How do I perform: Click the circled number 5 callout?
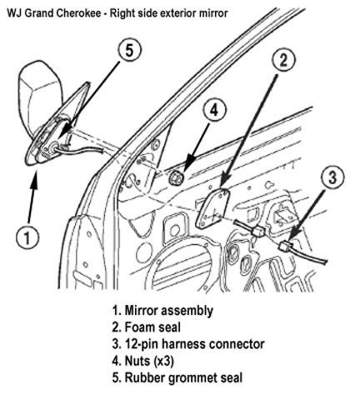pyautogui.click(x=129, y=51)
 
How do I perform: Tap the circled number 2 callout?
pyautogui.click(x=283, y=60)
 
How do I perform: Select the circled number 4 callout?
pyautogui.click(x=214, y=111)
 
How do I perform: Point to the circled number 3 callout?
pyautogui.click(x=332, y=177)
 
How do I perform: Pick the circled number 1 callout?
pyautogui.click(x=27, y=238)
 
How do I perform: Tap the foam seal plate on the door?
pyautogui.click(x=212, y=208)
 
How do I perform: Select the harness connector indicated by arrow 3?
pyautogui.click(x=286, y=246)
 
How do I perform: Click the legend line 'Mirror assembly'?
pyautogui.click(x=162, y=310)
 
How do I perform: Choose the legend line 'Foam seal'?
pyautogui.click(x=147, y=327)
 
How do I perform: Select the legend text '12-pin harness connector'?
pyautogui.click(x=188, y=344)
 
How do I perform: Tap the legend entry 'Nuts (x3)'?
pyautogui.click(x=143, y=361)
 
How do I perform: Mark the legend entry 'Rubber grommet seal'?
pyautogui.click(x=177, y=377)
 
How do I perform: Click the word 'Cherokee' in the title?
pyautogui.click(x=79, y=13)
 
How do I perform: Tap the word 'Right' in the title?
pyautogui.click(x=121, y=13)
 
